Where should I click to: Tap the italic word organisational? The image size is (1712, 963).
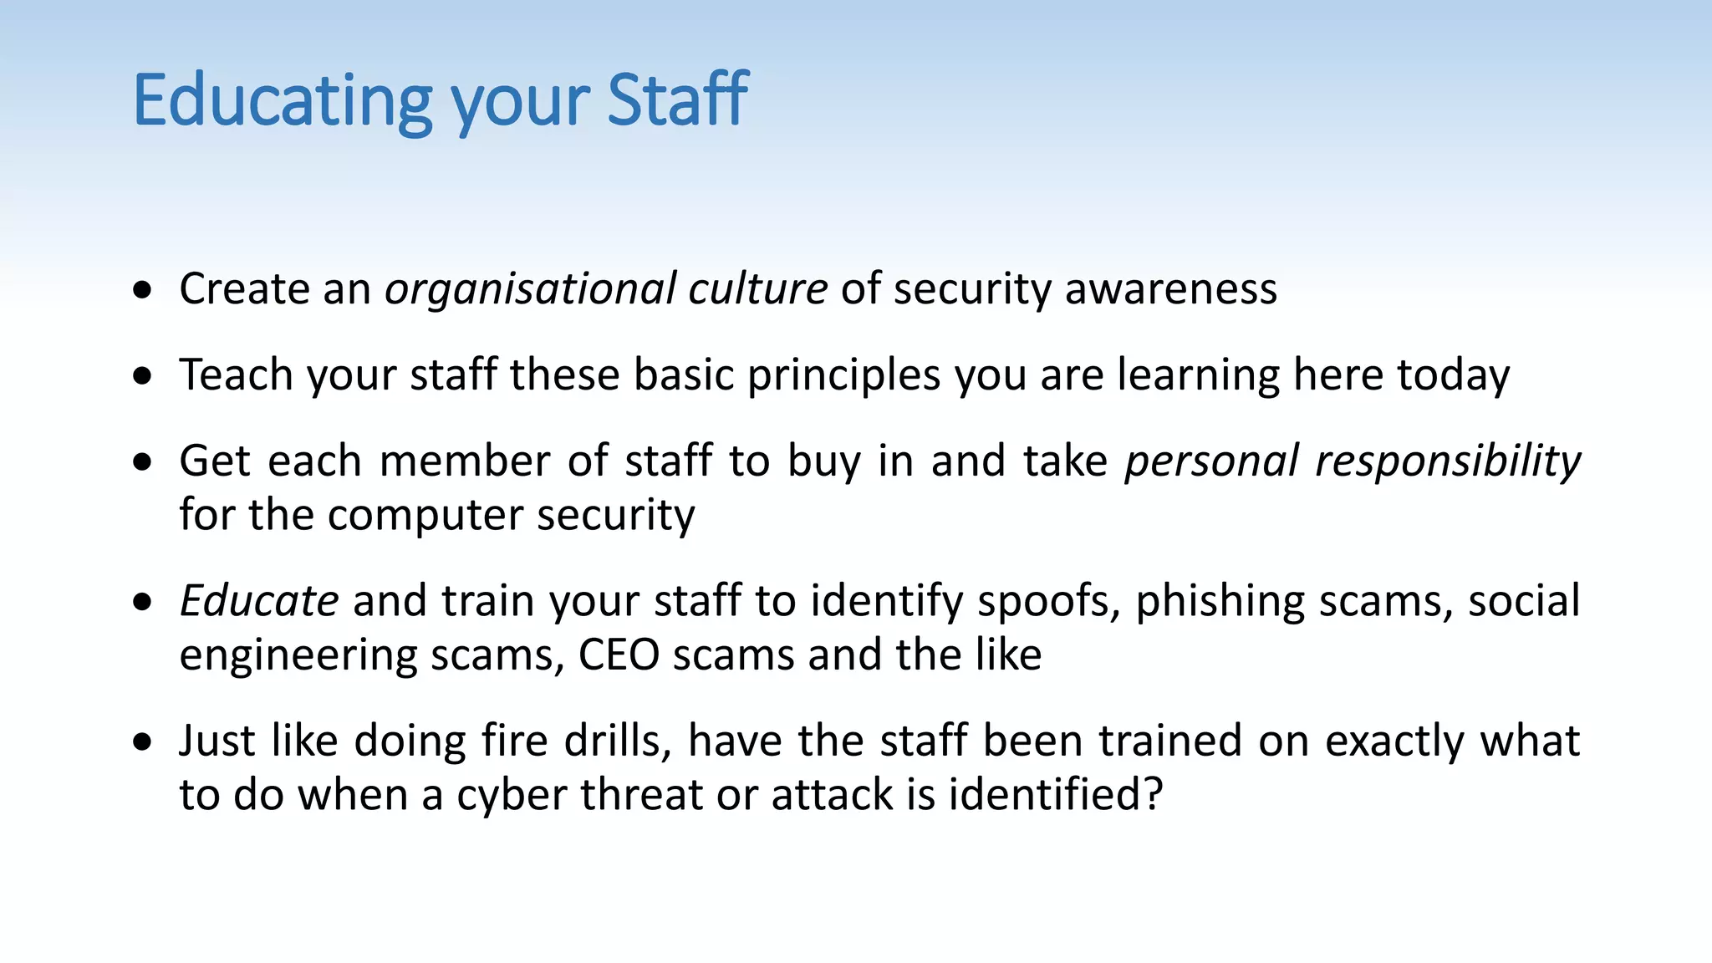click(x=529, y=289)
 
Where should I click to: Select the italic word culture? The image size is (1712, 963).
click(x=757, y=289)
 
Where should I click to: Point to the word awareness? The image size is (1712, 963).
click(x=1170, y=289)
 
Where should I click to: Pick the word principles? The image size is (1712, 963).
click(x=843, y=376)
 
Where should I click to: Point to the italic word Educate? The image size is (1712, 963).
click(x=259, y=601)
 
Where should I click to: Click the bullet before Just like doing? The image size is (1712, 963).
click(x=143, y=741)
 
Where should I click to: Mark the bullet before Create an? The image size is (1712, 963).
click(x=143, y=290)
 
